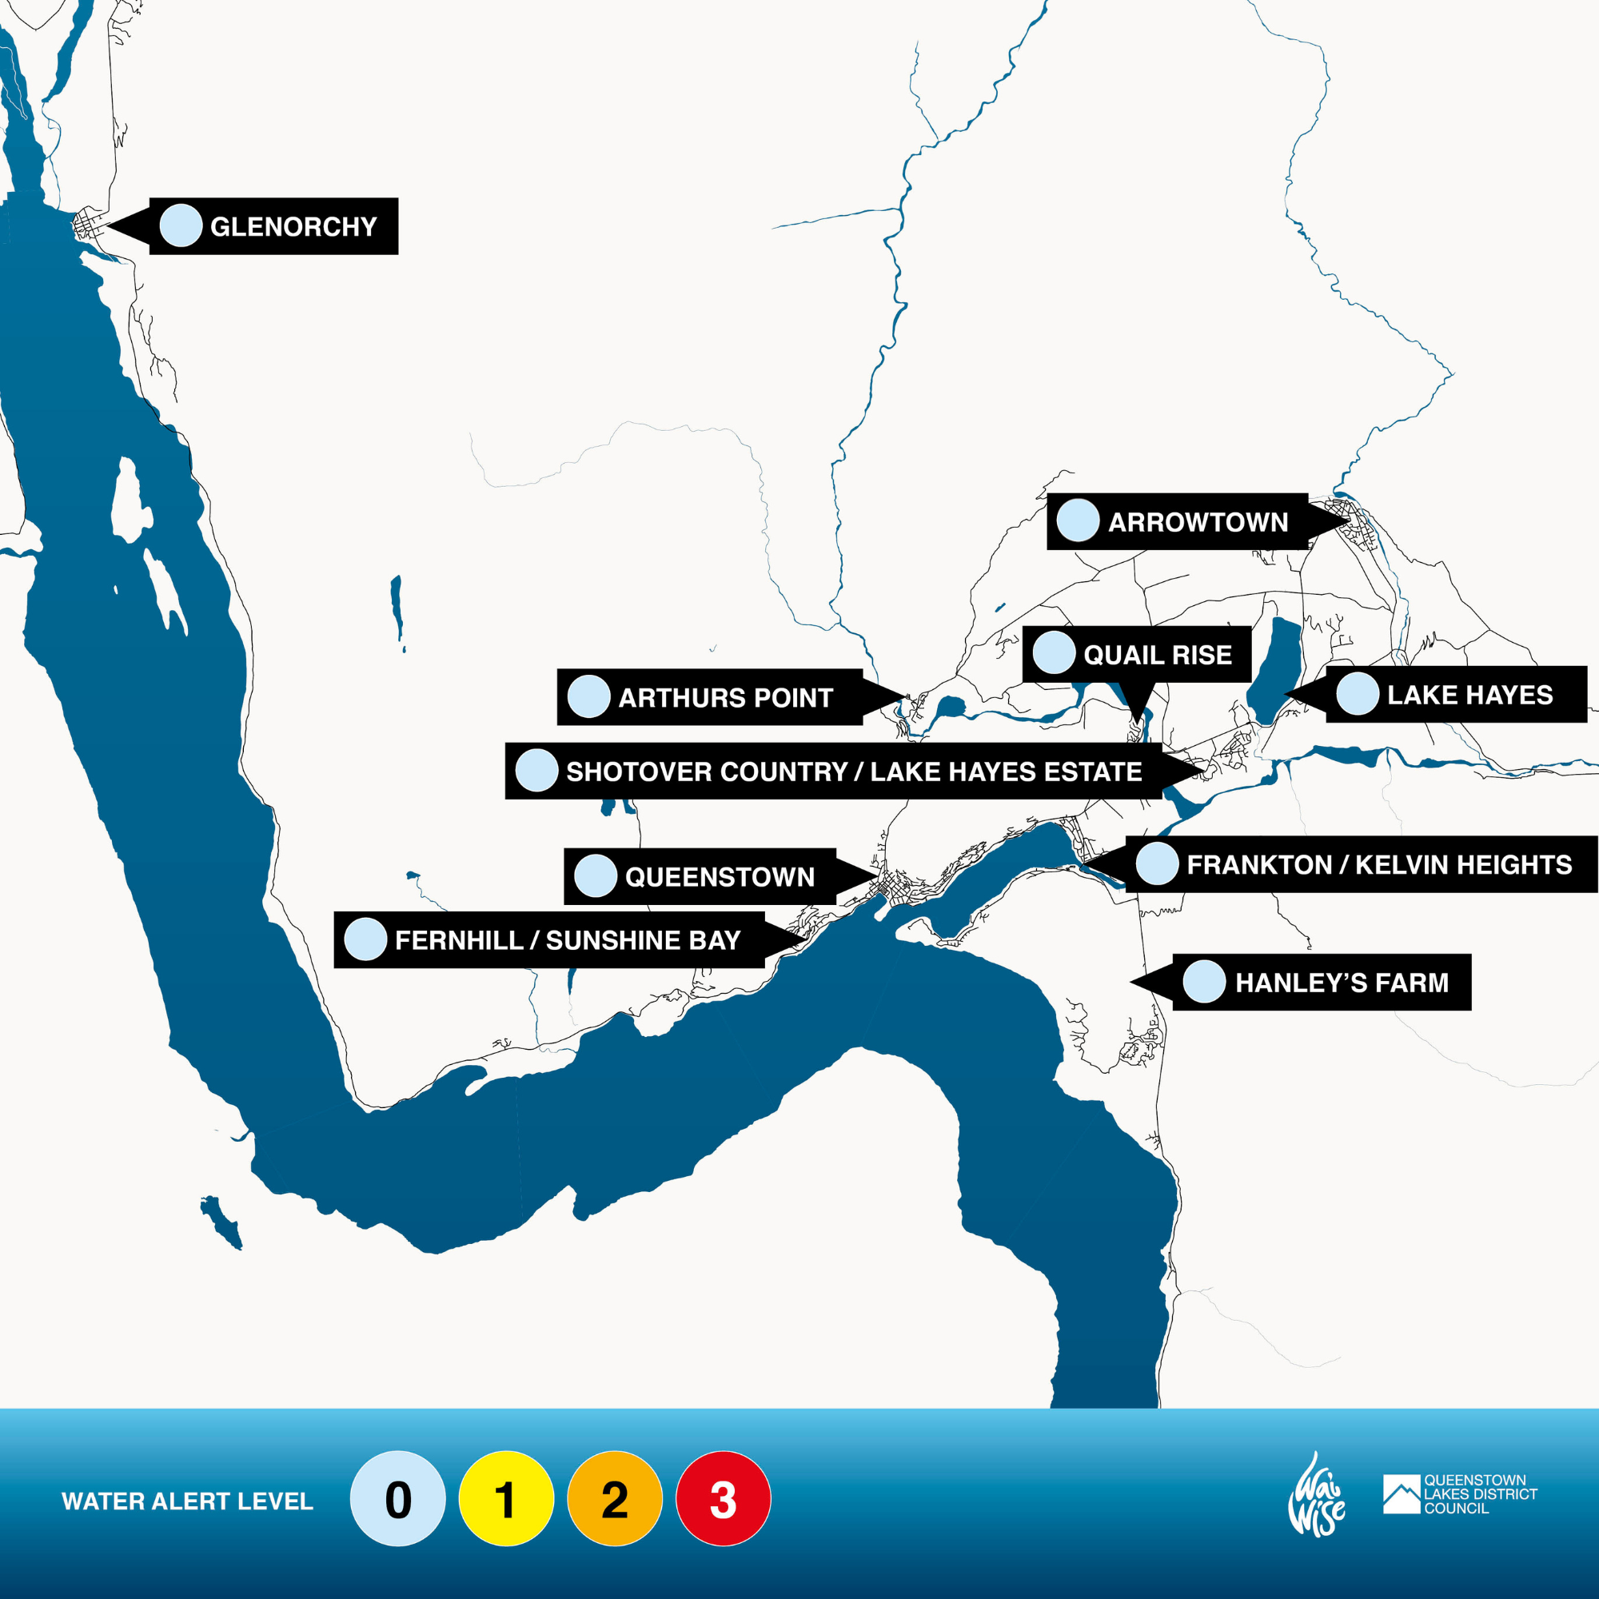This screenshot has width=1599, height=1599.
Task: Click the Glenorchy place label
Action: click(x=293, y=227)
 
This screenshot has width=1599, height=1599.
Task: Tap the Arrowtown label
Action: click(x=1198, y=522)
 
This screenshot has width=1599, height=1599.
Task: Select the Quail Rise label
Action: click(x=1157, y=655)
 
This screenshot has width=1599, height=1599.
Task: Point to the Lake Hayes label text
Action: click(x=1470, y=696)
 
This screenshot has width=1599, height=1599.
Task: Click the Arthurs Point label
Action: click(x=725, y=698)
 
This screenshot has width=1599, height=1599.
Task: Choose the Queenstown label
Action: click(x=720, y=876)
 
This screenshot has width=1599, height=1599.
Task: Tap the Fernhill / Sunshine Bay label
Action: click(x=567, y=940)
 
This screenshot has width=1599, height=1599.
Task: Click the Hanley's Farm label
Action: click(x=1342, y=983)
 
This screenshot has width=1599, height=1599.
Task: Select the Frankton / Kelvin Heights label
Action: click(x=1379, y=865)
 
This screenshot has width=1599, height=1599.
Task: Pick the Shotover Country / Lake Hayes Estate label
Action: click(x=853, y=772)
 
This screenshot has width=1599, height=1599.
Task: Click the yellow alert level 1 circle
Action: click(x=506, y=1499)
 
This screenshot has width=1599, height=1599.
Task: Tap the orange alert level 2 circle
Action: click(x=614, y=1499)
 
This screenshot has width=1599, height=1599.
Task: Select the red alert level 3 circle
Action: click(x=723, y=1499)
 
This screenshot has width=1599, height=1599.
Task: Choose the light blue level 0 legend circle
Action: click(x=397, y=1499)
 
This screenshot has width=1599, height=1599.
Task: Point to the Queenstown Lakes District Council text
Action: click(x=1480, y=1494)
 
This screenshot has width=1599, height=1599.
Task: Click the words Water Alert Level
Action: click(x=187, y=1501)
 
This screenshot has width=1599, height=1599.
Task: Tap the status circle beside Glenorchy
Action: click(x=181, y=226)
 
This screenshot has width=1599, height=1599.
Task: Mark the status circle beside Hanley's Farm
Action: click(x=1204, y=982)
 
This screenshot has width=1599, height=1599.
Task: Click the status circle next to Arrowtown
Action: click(x=1078, y=520)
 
